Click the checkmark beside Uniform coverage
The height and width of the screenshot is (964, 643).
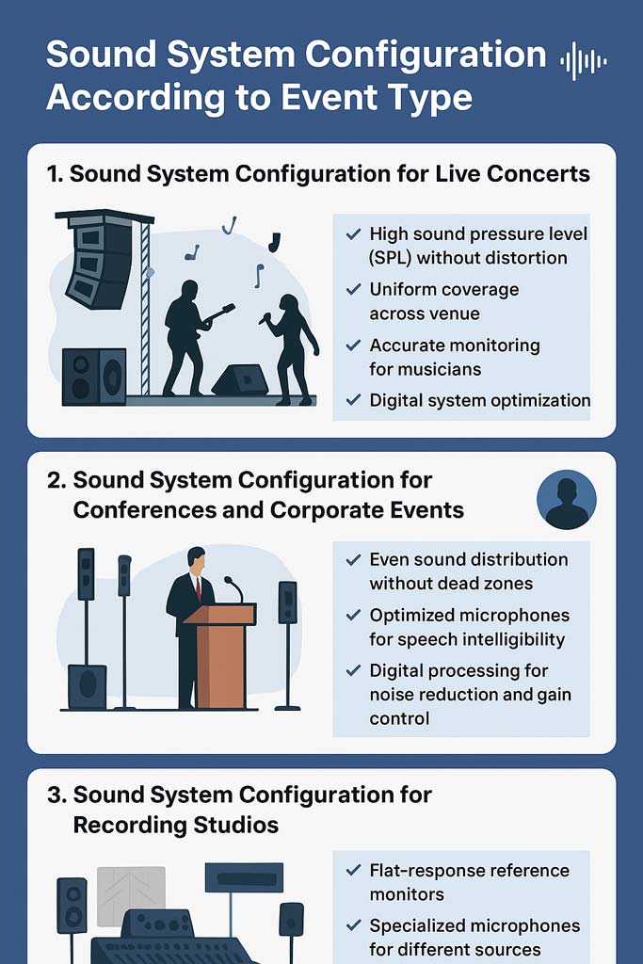coord(353,289)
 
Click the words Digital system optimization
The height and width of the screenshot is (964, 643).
coord(479,400)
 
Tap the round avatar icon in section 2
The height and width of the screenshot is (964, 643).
coord(567,500)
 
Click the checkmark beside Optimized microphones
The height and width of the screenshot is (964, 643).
coord(353,615)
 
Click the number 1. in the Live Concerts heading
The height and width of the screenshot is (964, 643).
coord(56,174)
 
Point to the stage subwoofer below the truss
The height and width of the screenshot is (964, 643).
coord(93,377)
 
